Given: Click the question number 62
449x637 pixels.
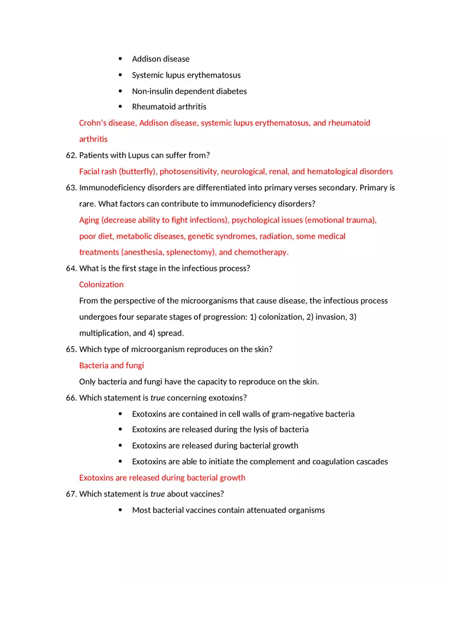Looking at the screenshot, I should (71, 155).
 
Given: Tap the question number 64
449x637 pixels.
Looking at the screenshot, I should (71, 269).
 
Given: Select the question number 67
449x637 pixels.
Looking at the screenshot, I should (71, 494).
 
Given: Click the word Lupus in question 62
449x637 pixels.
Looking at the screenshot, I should (139, 155).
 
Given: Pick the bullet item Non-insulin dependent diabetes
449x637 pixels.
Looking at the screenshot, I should (189, 91).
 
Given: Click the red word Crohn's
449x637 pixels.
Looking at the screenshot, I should (93, 123).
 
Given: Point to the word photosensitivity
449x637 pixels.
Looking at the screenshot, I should (188, 172).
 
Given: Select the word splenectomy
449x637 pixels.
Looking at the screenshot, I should (192, 252).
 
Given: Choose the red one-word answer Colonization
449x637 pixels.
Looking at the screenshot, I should (101, 285).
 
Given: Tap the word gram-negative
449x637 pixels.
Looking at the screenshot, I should (298, 414).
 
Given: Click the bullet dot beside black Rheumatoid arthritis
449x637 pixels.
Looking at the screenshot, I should (120, 107).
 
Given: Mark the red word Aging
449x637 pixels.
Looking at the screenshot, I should (89, 220).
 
